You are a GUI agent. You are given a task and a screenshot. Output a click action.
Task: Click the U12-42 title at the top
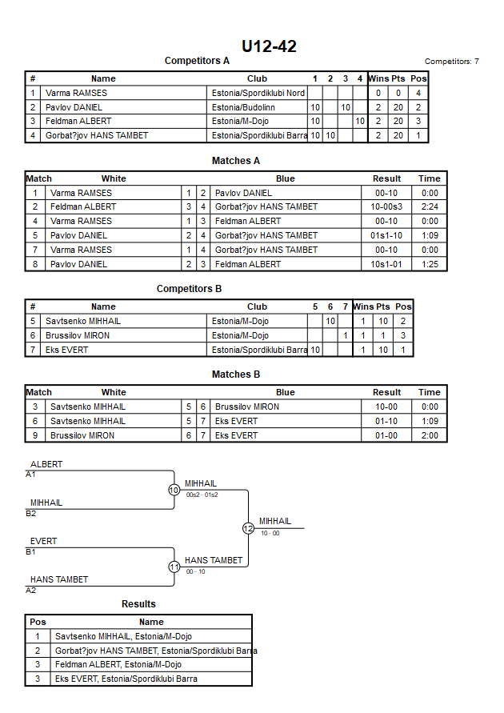click(x=269, y=46)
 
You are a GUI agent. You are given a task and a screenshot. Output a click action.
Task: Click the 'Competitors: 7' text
click(x=451, y=62)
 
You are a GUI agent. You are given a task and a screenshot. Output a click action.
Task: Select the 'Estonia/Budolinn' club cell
click(x=243, y=107)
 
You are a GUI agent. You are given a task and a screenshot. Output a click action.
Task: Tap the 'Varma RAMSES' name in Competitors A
click(x=76, y=93)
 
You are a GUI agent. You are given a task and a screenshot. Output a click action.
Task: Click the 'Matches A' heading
click(x=236, y=161)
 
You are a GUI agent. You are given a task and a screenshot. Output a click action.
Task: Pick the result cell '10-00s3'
click(x=386, y=207)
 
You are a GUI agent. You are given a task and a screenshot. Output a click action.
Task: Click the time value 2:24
click(x=430, y=207)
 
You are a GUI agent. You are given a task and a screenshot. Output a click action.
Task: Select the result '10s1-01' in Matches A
click(x=386, y=264)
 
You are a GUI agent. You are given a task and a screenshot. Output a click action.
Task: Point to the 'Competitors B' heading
click(x=189, y=289)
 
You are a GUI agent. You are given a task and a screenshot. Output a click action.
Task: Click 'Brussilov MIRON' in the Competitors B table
click(x=78, y=335)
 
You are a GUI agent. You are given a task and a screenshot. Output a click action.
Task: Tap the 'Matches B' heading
click(x=236, y=375)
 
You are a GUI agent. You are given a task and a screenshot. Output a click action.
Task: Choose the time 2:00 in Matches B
click(x=430, y=435)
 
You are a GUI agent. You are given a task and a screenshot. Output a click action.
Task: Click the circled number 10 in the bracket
click(x=174, y=491)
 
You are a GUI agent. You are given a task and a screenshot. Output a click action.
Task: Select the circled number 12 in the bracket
click(x=248, y=528)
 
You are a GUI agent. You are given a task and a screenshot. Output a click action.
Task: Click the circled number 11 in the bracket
click(x=174, y=567)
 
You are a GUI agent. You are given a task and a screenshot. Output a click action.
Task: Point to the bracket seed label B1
click(x=30, y=552)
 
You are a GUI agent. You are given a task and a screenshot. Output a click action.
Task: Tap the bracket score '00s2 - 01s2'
click(x=202, y=495)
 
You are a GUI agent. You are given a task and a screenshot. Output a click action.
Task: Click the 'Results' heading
click(x=138, y=604)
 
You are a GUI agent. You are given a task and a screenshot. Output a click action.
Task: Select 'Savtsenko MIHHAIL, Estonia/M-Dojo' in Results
click(x=123, y=637)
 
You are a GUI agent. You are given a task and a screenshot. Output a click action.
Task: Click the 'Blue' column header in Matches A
click(x=286, y=178)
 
